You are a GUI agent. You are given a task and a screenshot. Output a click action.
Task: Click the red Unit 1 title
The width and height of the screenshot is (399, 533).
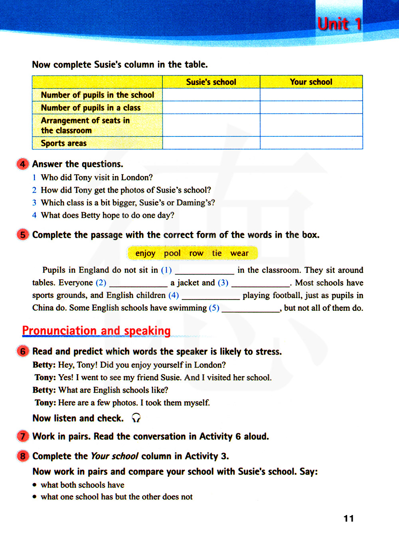click(x=340, y=24)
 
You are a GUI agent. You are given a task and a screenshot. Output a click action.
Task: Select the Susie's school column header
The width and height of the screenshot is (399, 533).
click(x=211, y=82)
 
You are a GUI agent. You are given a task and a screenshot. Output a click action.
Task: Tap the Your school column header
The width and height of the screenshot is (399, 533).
click(x=311, y=82)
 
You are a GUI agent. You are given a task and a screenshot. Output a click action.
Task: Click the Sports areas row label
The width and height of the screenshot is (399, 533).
click(x=64, y=143)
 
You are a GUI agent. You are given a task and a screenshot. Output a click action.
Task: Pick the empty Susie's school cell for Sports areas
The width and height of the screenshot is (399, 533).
click(x=211, y=143)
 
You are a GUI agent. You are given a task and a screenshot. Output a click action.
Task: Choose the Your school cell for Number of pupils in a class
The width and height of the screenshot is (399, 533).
click(x=311, y=107)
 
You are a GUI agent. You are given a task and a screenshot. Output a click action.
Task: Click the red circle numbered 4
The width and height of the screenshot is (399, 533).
click(x=23, y=164)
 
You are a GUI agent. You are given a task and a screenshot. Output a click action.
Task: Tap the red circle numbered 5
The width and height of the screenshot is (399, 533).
click(x=23, y=235)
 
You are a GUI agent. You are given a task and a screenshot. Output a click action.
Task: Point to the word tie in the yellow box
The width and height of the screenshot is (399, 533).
click(x=217, y=253)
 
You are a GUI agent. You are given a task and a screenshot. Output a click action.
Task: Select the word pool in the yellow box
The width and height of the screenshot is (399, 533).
click(x=172, y=253)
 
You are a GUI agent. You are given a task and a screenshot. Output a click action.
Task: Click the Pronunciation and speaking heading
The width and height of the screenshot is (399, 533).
click(x=96, y=331)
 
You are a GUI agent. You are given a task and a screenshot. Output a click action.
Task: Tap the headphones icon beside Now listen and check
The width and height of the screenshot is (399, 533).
click(x=136, y=418)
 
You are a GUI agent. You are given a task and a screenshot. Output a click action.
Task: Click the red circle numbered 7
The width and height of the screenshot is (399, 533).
click(x=23, y=436)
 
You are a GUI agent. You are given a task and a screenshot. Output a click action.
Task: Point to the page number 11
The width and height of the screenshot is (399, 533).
click(x=349, y=518)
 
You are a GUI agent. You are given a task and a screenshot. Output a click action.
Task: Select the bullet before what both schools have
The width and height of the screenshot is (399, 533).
click(x=35, y=485)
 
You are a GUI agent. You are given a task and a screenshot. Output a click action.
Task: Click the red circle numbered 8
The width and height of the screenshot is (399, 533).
click(x=23, y=456)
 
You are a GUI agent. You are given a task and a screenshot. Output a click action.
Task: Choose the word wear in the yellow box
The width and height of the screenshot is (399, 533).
click(x=239, y=253)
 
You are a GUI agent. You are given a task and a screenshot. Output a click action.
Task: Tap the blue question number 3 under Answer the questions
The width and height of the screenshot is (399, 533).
click(x=34, y=203)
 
